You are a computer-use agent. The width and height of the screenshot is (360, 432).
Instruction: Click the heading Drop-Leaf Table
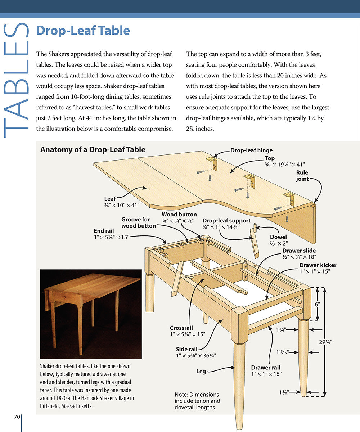point(83,31)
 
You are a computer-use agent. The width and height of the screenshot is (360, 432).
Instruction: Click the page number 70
point(17,417)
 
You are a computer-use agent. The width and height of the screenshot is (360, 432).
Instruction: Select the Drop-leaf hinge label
point(251,150)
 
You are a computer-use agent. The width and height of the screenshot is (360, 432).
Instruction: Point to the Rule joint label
point(302,176)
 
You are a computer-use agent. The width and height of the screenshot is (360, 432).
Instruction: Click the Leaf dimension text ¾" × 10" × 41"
point(122,204)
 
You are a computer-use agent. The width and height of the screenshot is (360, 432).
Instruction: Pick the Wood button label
point(179,215)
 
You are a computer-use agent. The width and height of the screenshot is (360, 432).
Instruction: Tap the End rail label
point(104,231)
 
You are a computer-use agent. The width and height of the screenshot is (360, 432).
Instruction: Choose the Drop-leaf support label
point(226,221)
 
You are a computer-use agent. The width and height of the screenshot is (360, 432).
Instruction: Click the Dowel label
point(278,237)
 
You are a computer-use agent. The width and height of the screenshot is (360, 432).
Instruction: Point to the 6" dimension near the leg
point(317,305)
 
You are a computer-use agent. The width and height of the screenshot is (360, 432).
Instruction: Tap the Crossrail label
point(181,328)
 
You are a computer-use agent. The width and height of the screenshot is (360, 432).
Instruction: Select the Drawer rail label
point(266,368)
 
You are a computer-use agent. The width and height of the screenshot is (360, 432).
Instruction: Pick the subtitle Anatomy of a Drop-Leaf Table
point(93,149)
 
